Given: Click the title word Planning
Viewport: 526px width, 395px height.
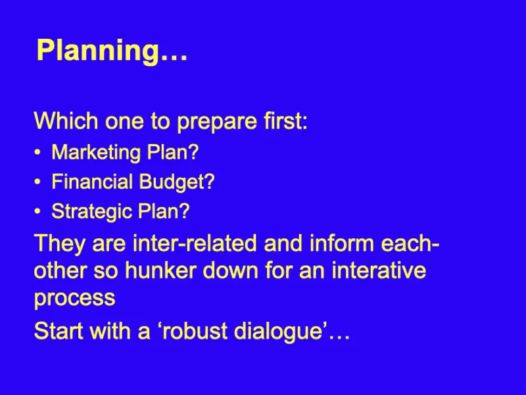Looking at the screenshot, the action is [x=98, y=51].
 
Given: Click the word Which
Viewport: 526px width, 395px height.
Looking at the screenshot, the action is [x=66, y=120].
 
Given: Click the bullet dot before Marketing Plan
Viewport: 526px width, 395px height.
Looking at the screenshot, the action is [x=37, y=153].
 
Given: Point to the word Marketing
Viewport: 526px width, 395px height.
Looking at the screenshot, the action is [x=96, y=153].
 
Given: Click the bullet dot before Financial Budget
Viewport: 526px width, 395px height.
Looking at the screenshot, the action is [x=37, y=182].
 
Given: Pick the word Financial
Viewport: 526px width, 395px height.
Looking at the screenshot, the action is [x=92, y=182].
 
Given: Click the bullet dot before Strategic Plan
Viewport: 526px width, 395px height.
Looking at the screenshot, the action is [x=37, y=211].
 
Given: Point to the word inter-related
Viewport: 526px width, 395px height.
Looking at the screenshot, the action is [x=195, y=243].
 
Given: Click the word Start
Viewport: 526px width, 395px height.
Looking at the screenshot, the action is [x=59, y=330].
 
